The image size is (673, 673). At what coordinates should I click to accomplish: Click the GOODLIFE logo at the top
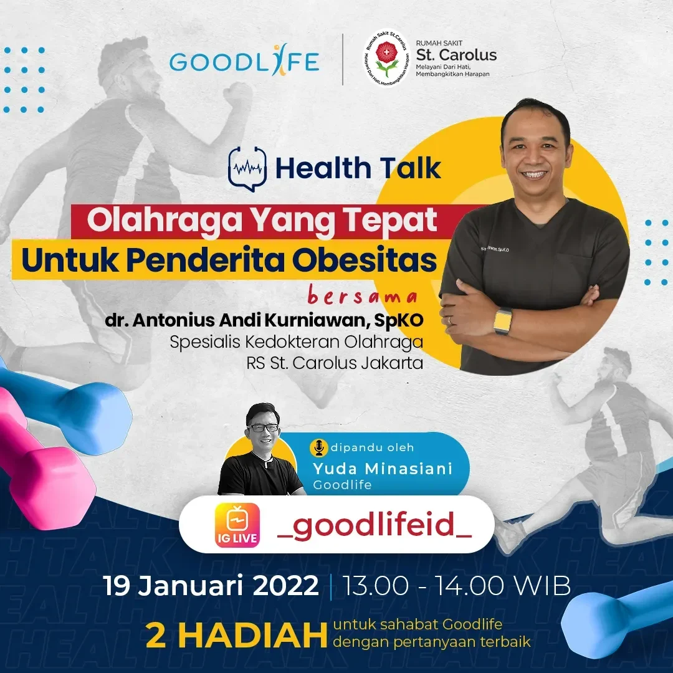coord(244,62)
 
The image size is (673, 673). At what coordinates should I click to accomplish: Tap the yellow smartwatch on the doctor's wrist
coord(502,321)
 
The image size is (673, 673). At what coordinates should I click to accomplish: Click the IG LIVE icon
coord(237,525)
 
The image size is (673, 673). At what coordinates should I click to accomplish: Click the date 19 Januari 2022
coord(211,586)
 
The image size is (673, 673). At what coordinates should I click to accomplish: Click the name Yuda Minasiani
coord(383,469)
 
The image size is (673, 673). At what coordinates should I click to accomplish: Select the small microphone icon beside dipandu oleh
coord(319,447)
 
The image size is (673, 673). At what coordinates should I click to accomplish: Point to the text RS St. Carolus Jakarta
coord(334,363)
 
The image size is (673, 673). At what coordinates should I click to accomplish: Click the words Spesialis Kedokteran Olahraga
coord(297,342)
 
